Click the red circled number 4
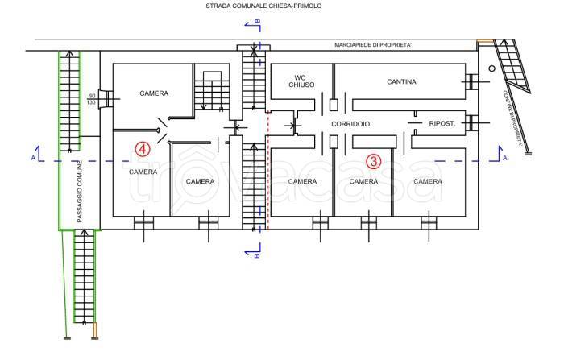tap(143, 149)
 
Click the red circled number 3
tap(373, 162)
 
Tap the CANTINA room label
tap(401, 82)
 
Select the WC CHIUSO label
tap(301, 81)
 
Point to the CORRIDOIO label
tap(350, 124)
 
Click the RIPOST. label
tap(442, 124)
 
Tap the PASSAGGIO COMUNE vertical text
tap(80, 192)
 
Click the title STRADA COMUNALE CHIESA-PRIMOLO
tap(263, 6)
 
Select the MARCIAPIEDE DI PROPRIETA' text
tap(373, 45)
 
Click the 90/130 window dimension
tap(92, 99)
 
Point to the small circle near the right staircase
tap(491, 68)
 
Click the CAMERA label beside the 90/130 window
tap(154, 93)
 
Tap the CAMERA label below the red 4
tap(143, 172)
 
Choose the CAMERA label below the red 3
tap(363, 182)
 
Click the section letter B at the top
tap(258, 21)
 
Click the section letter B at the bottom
tap(257, 256)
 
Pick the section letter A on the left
tap(34, 158)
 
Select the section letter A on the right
tap(505, 158)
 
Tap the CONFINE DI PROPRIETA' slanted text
tap(512, 118)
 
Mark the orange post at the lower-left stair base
tap(95, 331)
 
